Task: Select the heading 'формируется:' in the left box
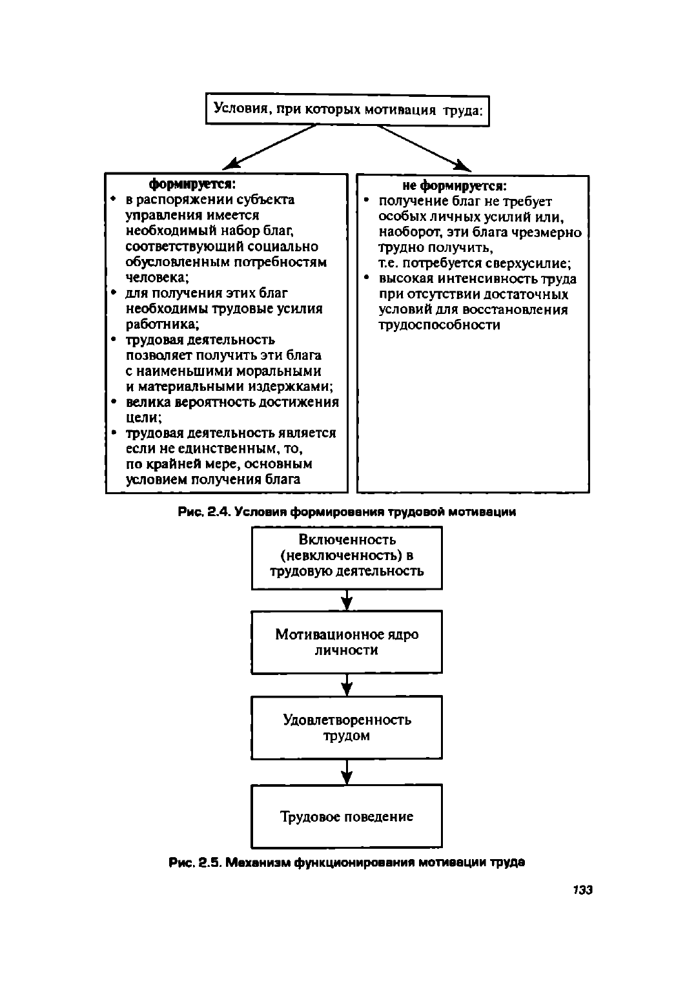pos(192,183)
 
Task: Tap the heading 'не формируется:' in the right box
pos(455,186)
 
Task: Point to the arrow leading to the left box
pos(270,147)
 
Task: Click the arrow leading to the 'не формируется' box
pos(424,148)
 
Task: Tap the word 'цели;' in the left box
pos(144,417)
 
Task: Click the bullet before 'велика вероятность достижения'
pos(114,401)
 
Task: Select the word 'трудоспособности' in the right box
pos(439,325)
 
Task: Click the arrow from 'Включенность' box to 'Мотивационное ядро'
pos(347,599)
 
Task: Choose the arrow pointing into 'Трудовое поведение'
pos(347,771)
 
